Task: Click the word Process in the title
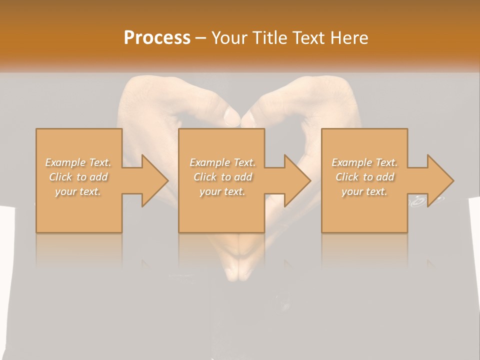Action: (157, 37)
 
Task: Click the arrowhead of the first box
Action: (154, 180)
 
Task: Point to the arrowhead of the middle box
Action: (297, 180)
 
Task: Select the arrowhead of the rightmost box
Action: (440, 180)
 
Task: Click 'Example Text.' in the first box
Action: (78, 162)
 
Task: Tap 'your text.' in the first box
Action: (78, 191)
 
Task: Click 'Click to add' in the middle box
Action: (222, 177)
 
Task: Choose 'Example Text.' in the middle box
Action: (222, 162)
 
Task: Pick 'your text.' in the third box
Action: (364, 191)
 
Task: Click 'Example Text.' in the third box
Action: (364, 162)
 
